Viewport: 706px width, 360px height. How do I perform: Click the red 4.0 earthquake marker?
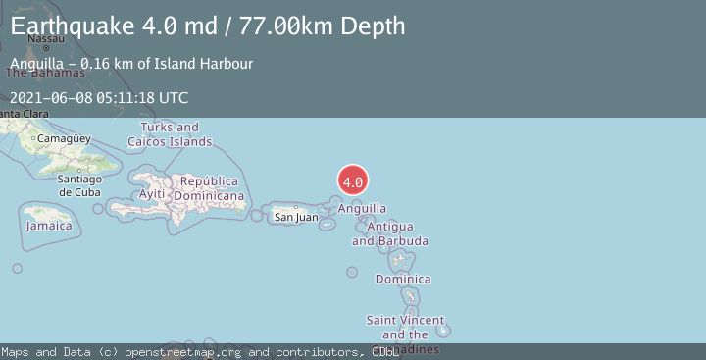353,180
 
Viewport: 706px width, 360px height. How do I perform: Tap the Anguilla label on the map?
362,208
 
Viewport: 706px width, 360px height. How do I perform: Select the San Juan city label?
295,217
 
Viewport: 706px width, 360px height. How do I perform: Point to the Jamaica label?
49,226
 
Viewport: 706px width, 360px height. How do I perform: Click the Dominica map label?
402,280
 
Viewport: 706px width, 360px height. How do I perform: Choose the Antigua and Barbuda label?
389,233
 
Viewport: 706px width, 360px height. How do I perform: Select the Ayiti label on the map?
152,194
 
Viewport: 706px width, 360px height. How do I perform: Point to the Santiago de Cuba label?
79,185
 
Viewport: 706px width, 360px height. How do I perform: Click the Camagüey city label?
67,138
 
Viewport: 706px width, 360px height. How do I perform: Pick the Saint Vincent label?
405,321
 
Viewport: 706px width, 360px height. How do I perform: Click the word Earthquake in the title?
75,26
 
